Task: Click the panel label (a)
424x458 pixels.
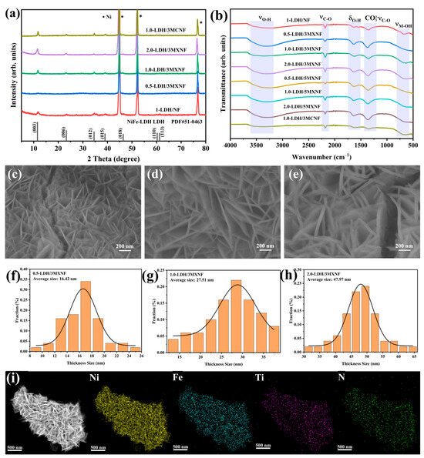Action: pos(13,10)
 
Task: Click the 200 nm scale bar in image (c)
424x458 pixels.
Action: pos(116,246)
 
